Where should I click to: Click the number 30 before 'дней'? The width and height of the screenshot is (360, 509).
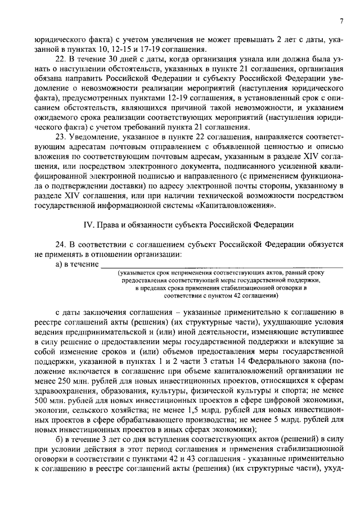coord(107,60)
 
